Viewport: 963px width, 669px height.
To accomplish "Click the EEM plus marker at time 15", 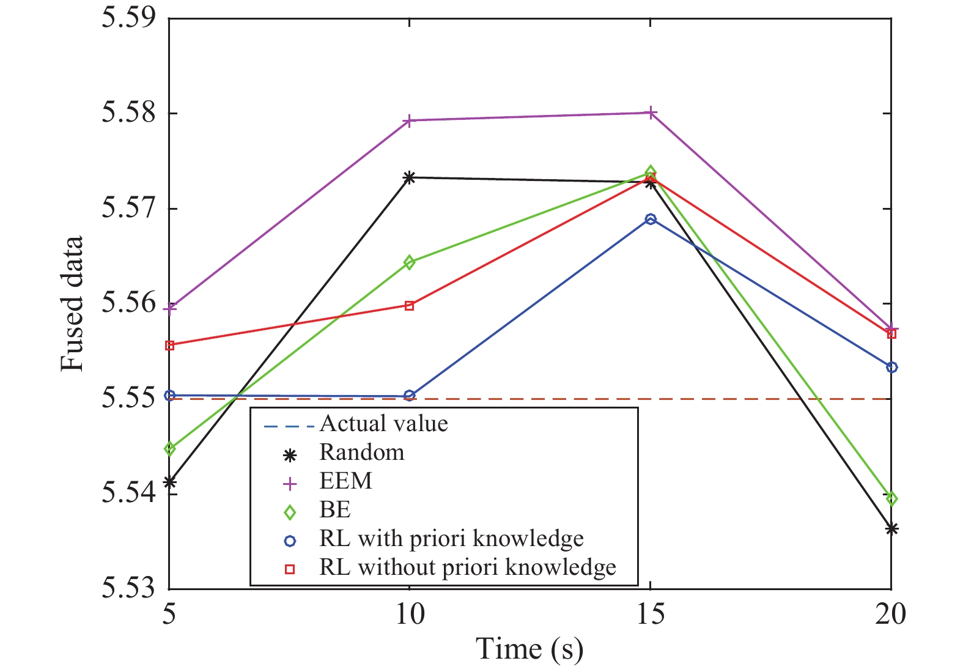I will tap(651, 113).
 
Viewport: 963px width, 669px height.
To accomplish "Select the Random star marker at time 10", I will tap(410, 177).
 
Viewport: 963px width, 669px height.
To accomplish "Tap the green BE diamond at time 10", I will tap(410, 263).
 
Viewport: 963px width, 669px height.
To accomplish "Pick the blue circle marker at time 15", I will tap(651, 219).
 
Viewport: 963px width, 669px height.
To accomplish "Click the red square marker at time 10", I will tap(410, 306).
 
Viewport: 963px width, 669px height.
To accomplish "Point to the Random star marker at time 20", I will tap(891, 529).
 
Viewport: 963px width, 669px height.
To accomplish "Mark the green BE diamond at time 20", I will tap(891, 499).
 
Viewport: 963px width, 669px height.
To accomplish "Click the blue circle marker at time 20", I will tap(891, 367).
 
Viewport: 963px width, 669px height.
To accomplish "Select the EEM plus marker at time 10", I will tap(410, 120).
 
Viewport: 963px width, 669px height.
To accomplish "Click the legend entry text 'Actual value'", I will tap(383, 424).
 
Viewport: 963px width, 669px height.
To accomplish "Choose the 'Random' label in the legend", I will tap(361, 453).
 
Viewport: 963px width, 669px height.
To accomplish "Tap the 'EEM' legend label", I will tap(345, 481).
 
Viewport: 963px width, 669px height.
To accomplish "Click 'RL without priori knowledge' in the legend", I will tap(467, 567).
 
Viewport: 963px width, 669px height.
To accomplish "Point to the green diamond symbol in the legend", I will tap(290, 511).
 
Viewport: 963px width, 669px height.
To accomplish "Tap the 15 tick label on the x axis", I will tap(651, 615).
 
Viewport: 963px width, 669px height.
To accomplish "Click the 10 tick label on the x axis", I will tap(410, 615).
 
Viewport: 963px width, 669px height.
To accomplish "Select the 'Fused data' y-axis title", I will tap(72, 304).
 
